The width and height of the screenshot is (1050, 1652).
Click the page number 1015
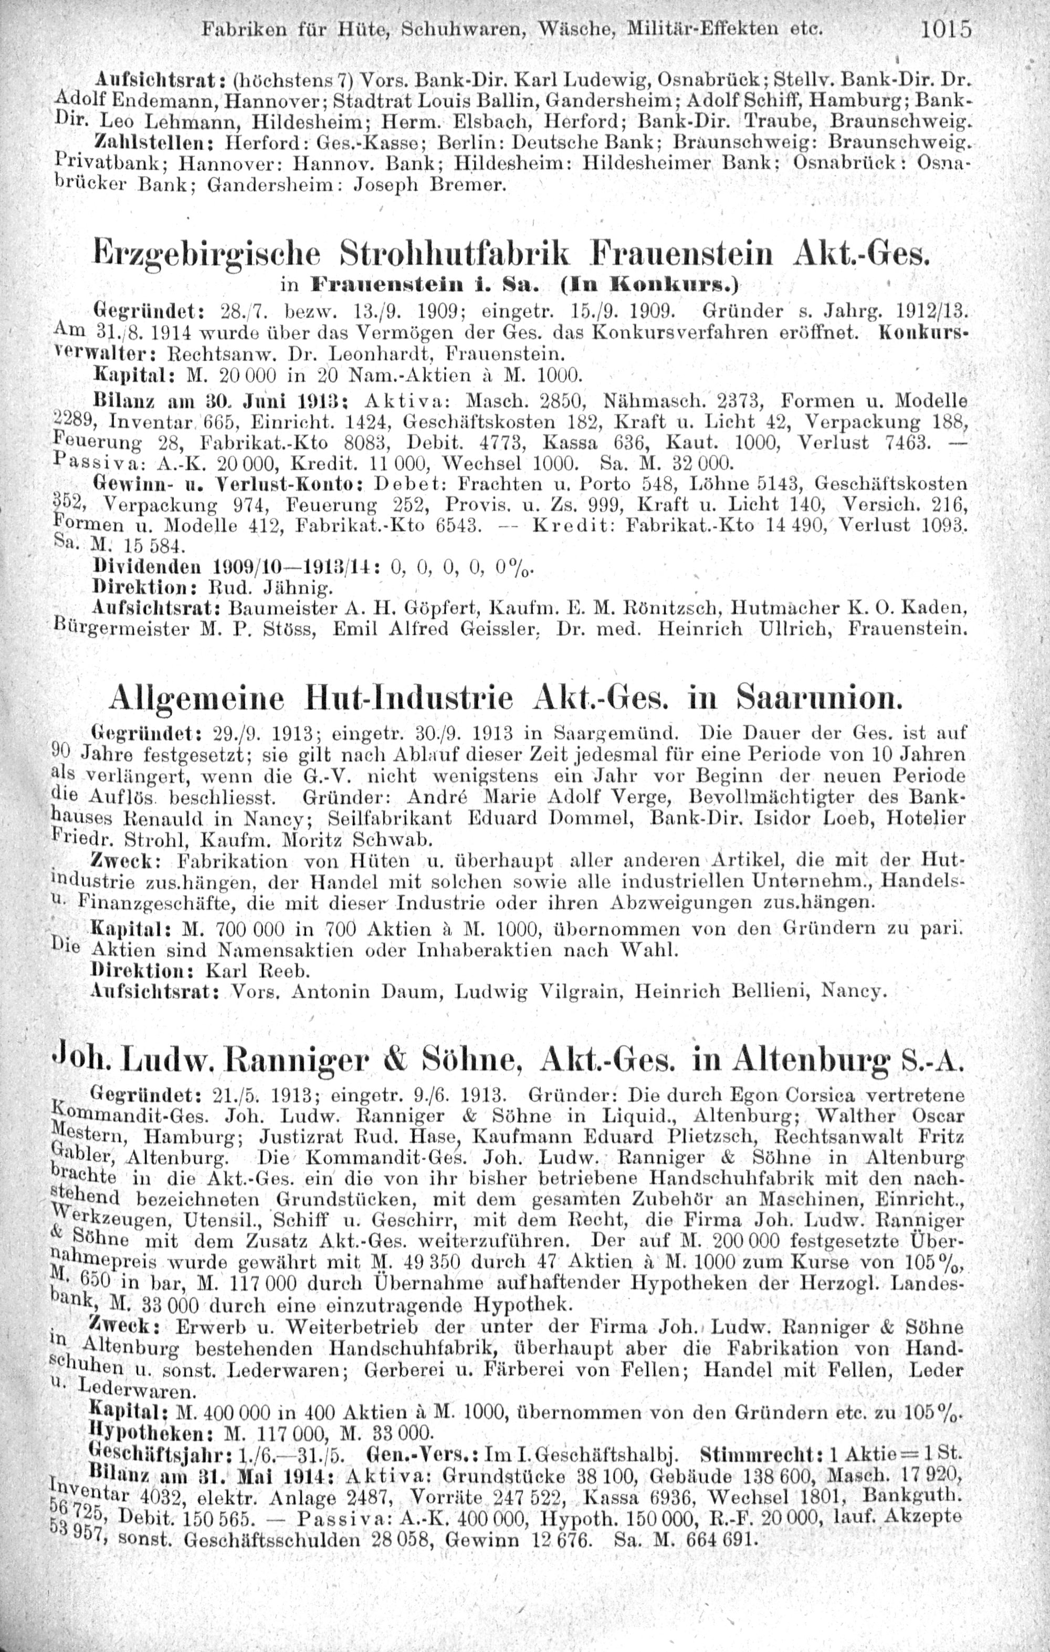(x=947, y=31)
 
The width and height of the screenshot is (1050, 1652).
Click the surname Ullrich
(x=786, y=626)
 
